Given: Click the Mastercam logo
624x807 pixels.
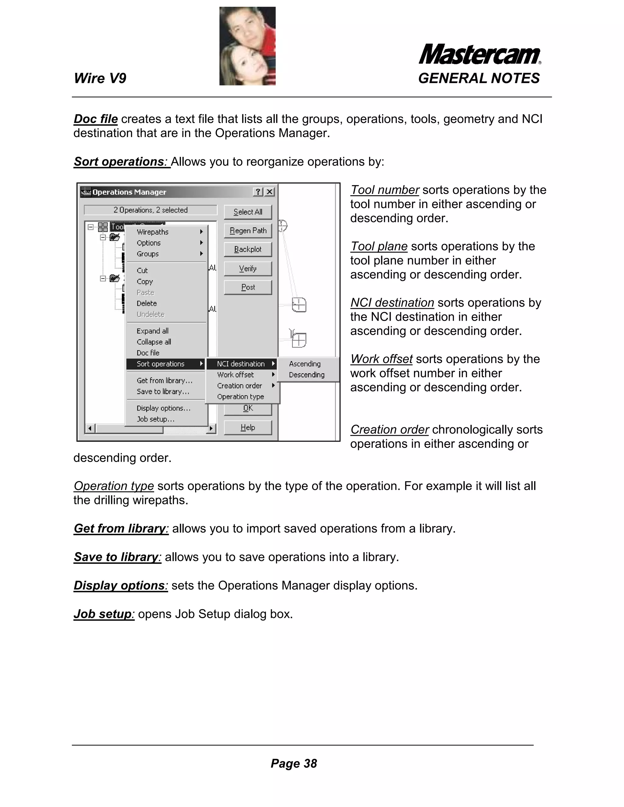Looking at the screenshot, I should (480, 55).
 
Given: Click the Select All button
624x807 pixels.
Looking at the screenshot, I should (248, 212).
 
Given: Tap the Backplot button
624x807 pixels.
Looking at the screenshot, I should (248, 249).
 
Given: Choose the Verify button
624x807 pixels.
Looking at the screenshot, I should (248, 269).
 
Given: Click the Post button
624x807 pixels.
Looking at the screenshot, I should (248, 287).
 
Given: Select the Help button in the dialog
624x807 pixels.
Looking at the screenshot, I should (248, 428).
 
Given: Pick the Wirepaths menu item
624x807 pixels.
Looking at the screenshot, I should (153, 232).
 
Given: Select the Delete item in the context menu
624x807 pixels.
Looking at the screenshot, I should (147, 303).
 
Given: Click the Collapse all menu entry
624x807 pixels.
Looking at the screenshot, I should (154, 342).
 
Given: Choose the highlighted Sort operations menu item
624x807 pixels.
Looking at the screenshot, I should (161, 364).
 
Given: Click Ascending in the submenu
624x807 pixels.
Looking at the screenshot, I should (305, 364).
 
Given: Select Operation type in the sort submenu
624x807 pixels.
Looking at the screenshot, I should (240, 397).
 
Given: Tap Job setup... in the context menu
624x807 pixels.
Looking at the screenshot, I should (155, 419).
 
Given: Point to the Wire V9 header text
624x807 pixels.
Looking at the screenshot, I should (100, 78).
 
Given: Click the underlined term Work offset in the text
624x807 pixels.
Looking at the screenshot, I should (381, 359).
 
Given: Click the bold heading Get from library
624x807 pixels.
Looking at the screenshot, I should (121, 528).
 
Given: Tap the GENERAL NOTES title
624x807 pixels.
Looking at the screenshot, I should (479, 78).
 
